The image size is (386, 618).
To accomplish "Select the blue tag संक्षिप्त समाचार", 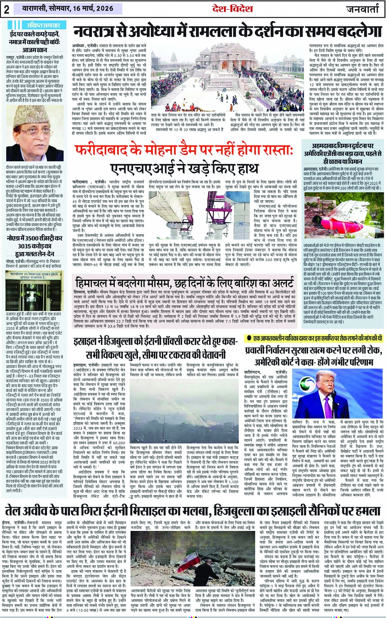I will tap(40, 25).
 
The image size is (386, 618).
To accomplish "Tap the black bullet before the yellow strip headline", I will tap(248, 338).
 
